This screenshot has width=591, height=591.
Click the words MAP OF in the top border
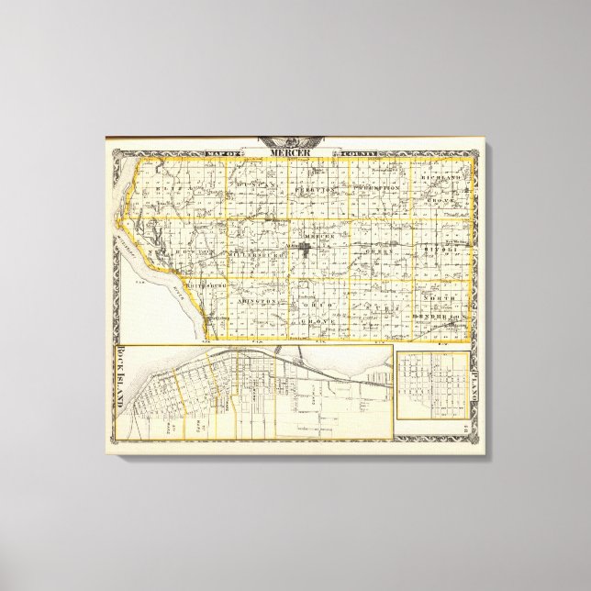[226, 151]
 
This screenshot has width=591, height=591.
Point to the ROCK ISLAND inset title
[121, 381]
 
